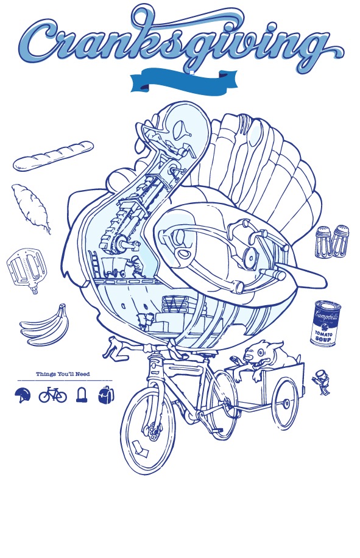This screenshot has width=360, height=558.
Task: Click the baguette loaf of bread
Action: [54, 156]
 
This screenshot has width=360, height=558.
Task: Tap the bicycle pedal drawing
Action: [26, 269]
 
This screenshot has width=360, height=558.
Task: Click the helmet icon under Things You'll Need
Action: [23, 395]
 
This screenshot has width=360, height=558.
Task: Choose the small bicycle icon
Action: [52, 395]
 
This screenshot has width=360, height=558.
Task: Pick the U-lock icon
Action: [82, 395]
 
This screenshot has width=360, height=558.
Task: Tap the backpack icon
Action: [106, 395]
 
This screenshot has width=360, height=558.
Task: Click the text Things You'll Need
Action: [63, 374]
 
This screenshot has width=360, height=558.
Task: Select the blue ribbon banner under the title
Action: [183, 82]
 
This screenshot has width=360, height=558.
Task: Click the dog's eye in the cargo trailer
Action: [261, 352]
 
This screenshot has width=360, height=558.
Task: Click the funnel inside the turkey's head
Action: [182, 132]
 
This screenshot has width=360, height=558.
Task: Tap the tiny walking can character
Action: [322, 382]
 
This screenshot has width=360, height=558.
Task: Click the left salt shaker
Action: [323, 242]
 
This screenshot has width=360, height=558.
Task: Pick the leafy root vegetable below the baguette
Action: [30, 208]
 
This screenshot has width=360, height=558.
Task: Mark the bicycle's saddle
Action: [205, 351]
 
